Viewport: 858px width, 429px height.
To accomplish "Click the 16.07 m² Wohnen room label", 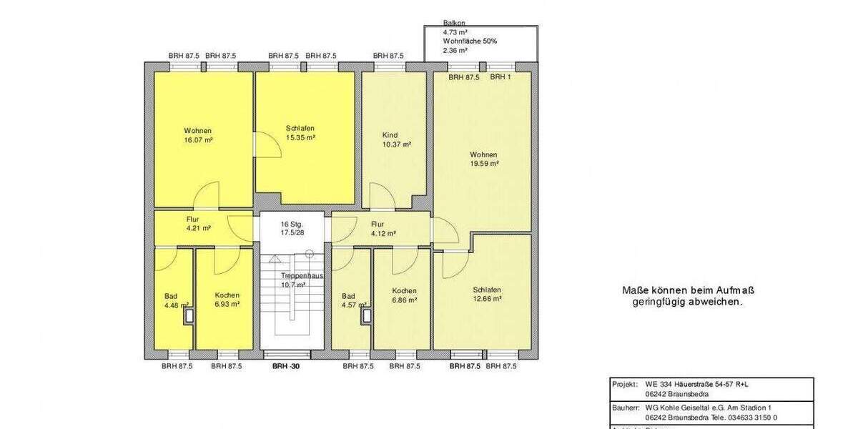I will click(198, 136).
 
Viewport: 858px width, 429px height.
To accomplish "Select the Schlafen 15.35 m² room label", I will click(300, 133).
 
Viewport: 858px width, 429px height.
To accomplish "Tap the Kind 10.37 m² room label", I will click(396, 139).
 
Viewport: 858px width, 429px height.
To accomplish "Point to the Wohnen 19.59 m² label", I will click(484, 159).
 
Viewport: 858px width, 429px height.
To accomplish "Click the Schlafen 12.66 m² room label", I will click(487, 294).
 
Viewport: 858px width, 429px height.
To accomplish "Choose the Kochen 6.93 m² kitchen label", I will click(227, 299).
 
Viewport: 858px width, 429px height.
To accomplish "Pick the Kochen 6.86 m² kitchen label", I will click(404, 295).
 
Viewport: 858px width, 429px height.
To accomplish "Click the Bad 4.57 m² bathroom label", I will click(348, 300).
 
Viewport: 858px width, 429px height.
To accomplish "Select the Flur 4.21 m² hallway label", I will click(197, 224).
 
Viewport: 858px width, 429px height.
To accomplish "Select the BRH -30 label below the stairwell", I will click(286, 366).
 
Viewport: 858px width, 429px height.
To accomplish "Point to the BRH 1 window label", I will click(500, 77).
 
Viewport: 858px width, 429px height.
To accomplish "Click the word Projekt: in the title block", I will click(625, 384).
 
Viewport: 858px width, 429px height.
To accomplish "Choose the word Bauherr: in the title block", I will click(626, 406).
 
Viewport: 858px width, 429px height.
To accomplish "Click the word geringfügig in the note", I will click(656, 302).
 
